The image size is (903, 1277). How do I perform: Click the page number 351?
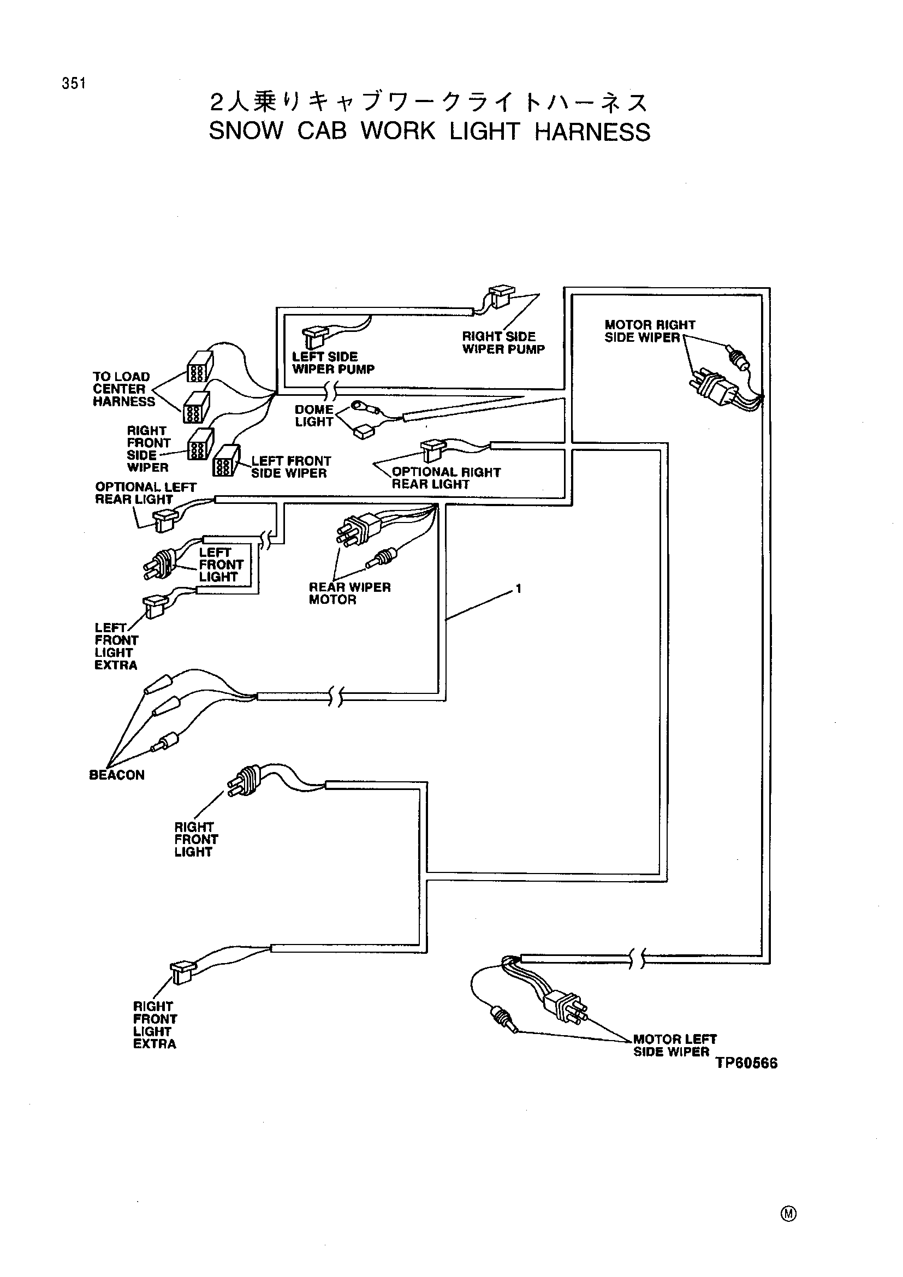point(74,84)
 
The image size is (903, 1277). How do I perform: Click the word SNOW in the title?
point(246,132)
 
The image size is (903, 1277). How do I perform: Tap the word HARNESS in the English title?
point(592,132)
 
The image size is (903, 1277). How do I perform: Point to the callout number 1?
point(518,589)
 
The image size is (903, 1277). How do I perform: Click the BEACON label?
point(117,775)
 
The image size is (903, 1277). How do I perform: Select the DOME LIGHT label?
point(313,415)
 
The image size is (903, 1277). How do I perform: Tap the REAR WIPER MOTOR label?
point(350,593)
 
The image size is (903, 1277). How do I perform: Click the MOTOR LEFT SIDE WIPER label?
point(675,1046)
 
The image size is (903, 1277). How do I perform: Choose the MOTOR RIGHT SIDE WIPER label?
point(650,331)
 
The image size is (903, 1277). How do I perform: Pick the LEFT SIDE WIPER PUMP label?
point(333,363)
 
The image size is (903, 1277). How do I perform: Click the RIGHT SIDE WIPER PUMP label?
point(503,343)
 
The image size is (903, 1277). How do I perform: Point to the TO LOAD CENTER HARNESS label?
point(123,389)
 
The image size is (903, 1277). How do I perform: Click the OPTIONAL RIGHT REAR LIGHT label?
point(446,478)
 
